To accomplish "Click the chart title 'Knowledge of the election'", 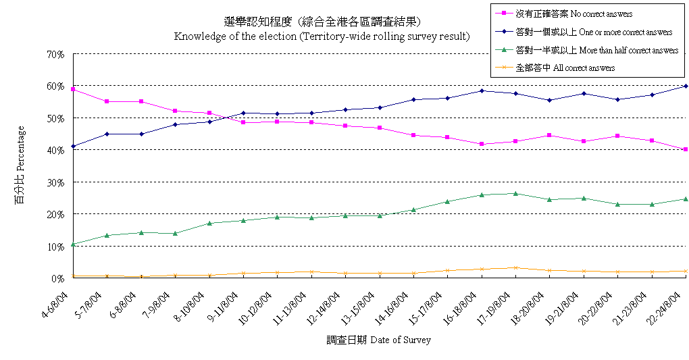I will coord(322,36).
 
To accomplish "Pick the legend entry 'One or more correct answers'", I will coord(593,32).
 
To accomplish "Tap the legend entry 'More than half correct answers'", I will coord(596,50).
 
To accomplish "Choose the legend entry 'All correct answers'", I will coord(565,68).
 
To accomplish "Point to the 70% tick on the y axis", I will coord(55,54).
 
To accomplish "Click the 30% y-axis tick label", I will coord(55,182).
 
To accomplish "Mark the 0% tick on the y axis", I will coord(58,278).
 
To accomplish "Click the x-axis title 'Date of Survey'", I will coord(378,340).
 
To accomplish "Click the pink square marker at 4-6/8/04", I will coord(73,89).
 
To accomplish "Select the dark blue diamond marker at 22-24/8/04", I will coord(686,86).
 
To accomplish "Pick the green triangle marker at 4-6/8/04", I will coord(73,244).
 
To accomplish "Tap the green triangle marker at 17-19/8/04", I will coord(516,193).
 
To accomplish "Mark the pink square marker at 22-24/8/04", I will coord(686,149).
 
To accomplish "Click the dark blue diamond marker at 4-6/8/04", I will coord(73,146).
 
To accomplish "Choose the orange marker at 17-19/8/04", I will coord(516,267).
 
